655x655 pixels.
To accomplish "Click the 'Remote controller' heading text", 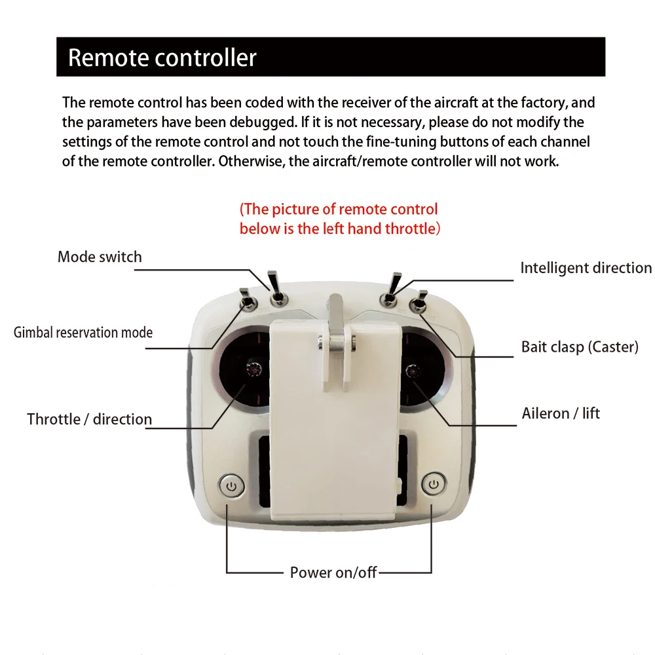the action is [162, 58].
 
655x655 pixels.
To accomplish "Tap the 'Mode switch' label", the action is [100, 256].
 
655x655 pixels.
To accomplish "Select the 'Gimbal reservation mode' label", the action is [83, 332].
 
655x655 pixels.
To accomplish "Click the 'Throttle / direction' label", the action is [89, 419].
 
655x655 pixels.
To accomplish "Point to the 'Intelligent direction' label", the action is [586, 268].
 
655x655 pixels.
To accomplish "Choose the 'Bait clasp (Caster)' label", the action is [579, 346].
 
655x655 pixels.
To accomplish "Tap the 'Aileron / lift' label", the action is [561, 413].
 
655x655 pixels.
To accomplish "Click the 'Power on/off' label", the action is [333, 572].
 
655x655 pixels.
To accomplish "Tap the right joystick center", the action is [412, 371].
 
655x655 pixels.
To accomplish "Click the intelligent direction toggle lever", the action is [392, 288].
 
